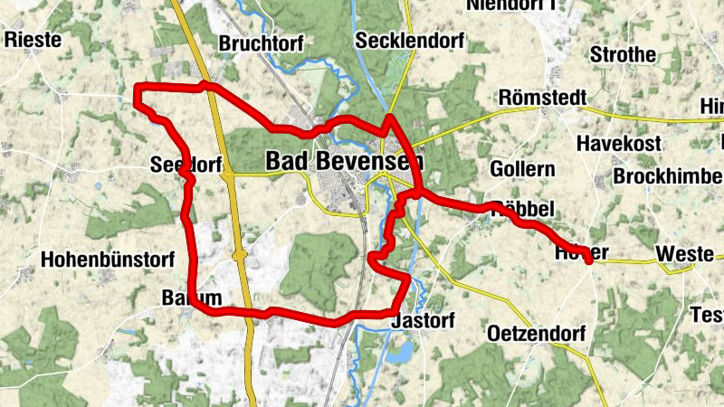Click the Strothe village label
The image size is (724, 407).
click(623, 54)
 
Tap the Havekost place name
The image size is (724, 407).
click(620, 143)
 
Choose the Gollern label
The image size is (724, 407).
click(521, 169)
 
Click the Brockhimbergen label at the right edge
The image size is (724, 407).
click(668, 176)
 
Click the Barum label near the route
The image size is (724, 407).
click(192, 298)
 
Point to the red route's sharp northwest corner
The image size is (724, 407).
click(138, 88)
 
